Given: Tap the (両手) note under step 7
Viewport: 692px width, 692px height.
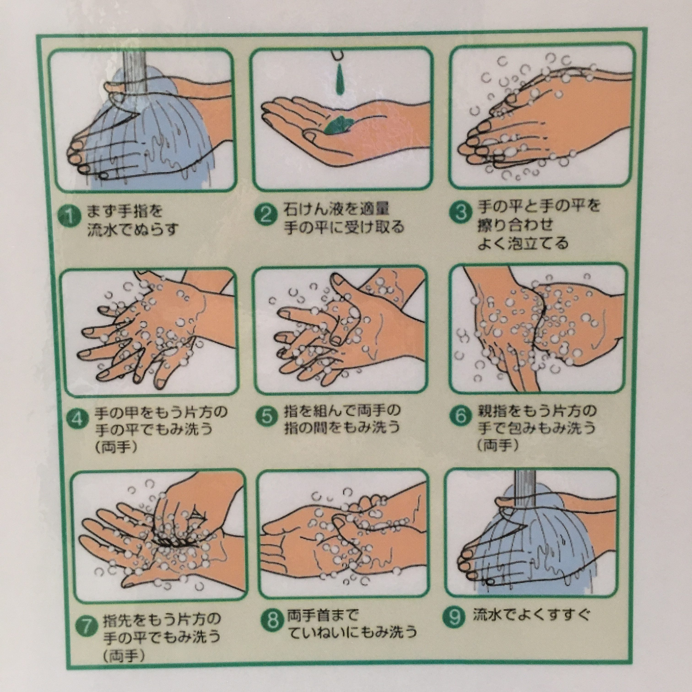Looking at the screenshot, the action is coord(124,655).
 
